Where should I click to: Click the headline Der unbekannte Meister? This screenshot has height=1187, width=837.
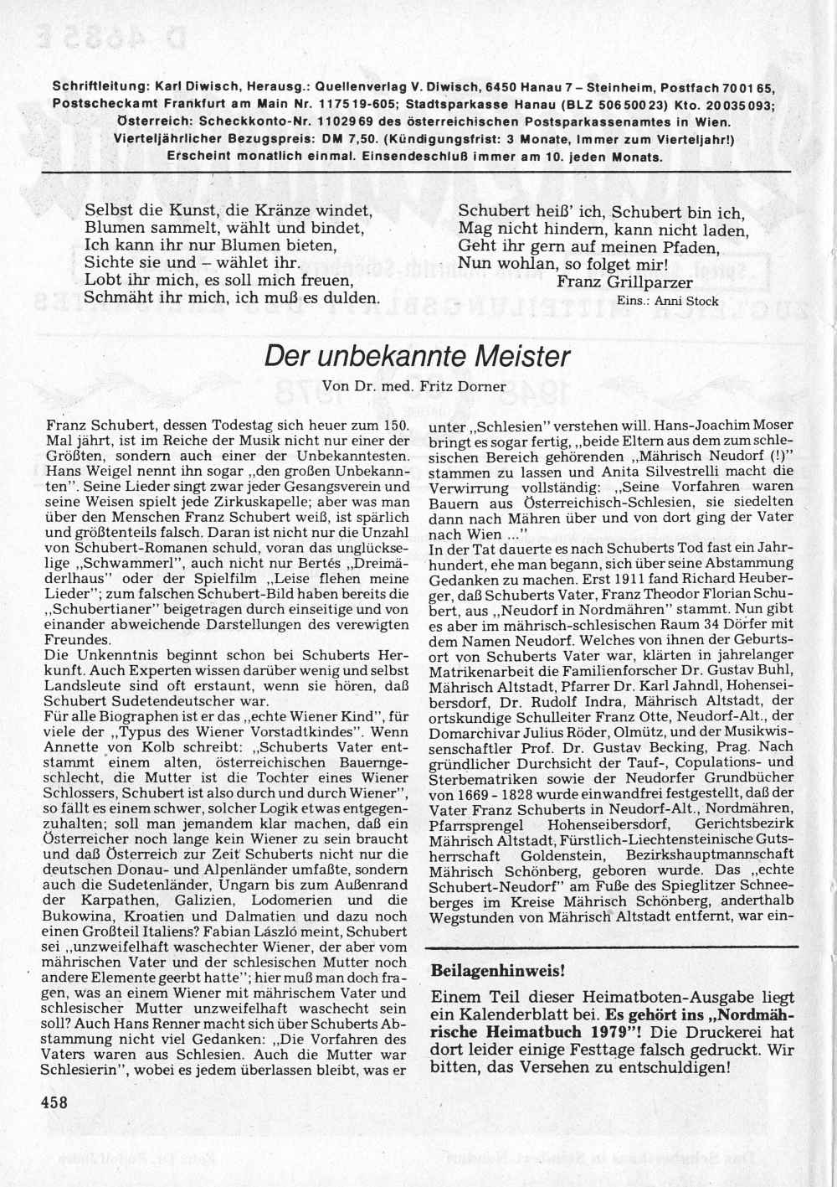(417, 356)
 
